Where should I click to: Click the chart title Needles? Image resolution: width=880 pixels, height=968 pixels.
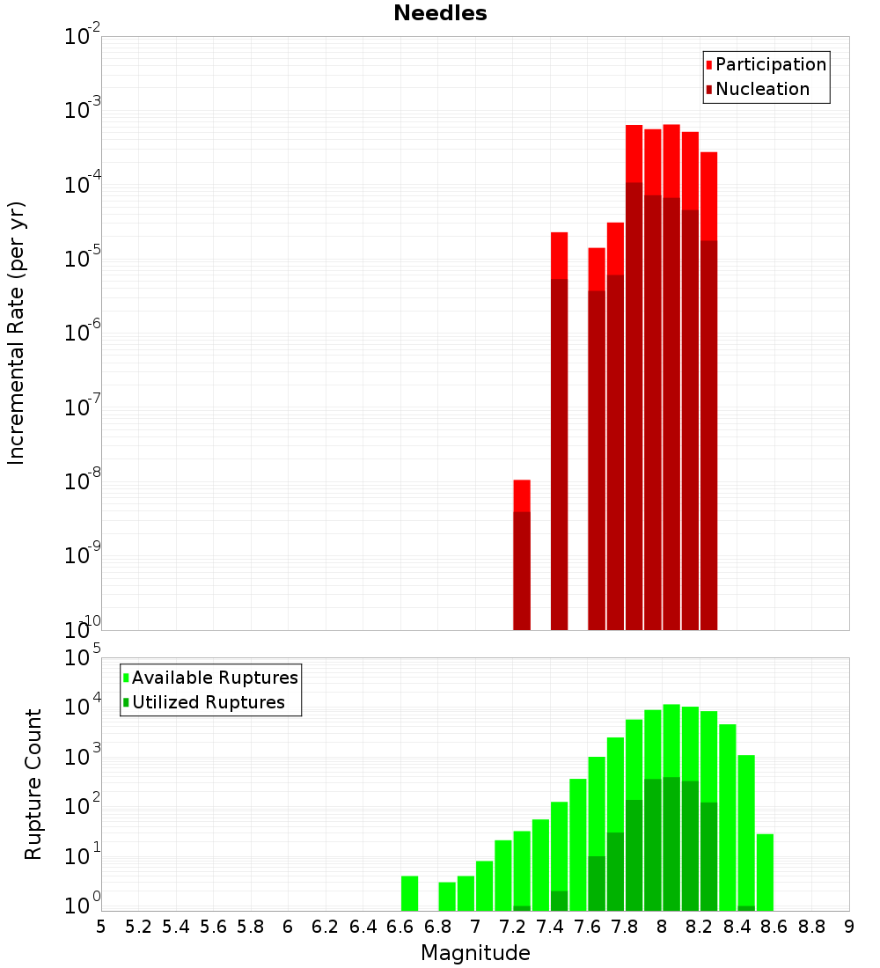pos(440,13)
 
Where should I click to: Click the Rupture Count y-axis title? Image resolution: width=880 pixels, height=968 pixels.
pos(33,784)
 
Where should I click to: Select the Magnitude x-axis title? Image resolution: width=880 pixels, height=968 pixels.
pos(475,953)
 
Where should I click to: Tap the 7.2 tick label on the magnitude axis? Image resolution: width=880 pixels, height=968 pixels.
pos(512,927)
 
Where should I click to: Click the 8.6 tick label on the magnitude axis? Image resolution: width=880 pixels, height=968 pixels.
pos(774,927)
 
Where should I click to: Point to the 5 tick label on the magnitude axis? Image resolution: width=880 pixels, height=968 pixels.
pos(101,927)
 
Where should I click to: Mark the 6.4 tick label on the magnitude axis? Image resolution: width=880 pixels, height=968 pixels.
pos(363,927)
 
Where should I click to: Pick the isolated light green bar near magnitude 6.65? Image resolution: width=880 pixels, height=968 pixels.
pos(409,893)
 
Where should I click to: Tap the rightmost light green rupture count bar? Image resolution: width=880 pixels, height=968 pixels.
pos(765,872)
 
